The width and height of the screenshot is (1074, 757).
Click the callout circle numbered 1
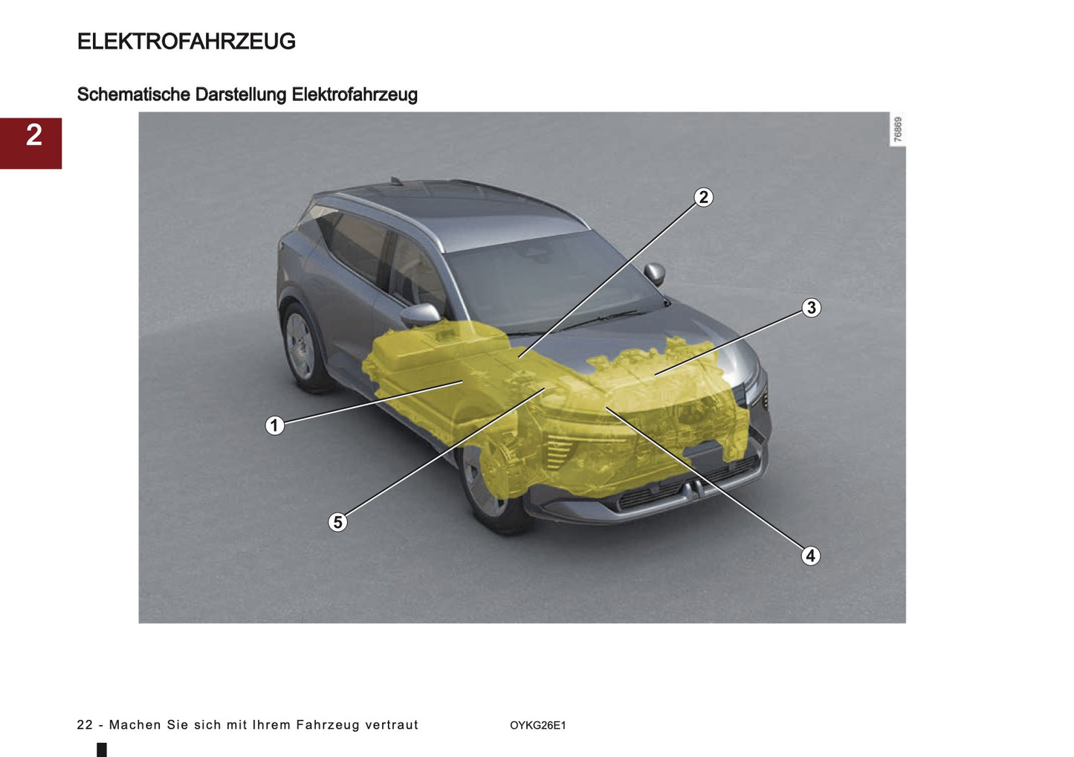pos(274,425)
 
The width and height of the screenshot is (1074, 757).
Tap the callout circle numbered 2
pos(703,197)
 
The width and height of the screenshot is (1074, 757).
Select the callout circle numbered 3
pos(811,308)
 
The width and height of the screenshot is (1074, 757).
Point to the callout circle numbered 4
pos(810,555)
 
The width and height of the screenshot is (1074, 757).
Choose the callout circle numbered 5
pos(337,522)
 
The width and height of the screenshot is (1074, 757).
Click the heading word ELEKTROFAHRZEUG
pos(186,42)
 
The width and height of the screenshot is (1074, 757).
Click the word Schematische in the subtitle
pos(134,95)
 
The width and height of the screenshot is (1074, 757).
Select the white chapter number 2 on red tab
pos(33,135)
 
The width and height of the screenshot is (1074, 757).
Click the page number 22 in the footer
pos(85,725)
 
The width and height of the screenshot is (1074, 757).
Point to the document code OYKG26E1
pos(537,726)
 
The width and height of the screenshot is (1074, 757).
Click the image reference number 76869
pos(898,129)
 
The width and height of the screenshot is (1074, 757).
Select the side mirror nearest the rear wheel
pos(420,315)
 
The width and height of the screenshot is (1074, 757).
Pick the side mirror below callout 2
pos(655,273)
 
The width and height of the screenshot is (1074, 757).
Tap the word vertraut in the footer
pos(392,725)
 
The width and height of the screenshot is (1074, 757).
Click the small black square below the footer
pos(102,750)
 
